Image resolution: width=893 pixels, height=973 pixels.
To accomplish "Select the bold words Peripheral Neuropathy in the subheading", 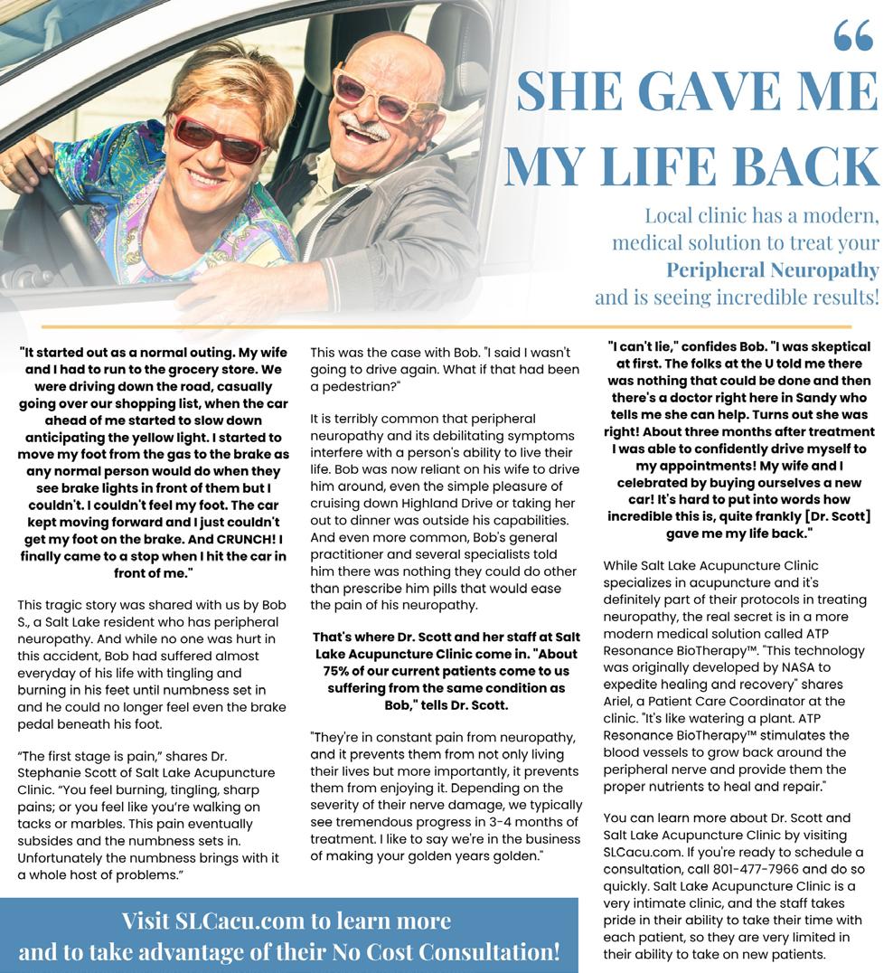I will tap(772, 269).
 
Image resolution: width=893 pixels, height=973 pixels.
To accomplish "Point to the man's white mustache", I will tap(371, 127).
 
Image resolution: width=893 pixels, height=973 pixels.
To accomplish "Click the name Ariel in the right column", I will tap(620, 701).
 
